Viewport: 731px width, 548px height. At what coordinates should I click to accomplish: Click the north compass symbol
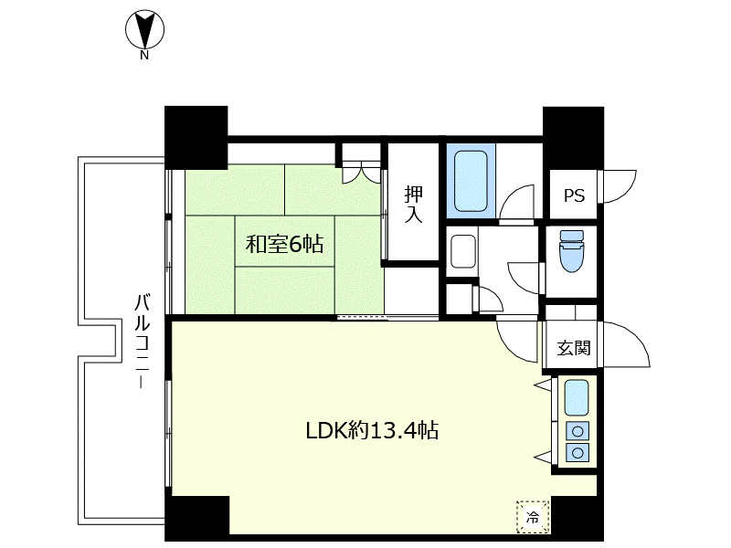(x=144, y=30)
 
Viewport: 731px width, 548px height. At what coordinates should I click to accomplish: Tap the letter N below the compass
(x=144, y=56)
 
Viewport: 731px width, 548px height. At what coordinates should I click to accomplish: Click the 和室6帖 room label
(x=284, y=244)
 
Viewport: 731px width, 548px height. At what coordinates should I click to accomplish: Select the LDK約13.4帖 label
(x=372, y=430)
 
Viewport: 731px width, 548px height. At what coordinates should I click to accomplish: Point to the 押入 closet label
(x=414, y=205)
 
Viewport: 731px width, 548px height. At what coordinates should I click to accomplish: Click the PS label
(x=574, y=195)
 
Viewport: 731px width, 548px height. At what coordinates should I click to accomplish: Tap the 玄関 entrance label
(x=574, y=348)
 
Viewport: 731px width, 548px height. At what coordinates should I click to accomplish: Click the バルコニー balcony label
(x=142, y=341)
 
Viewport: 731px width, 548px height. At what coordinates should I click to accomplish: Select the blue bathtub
(x=471, y=180)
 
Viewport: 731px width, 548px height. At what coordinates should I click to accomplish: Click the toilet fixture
(x=572, y=250)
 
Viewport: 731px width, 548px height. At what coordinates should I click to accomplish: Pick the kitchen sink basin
(x=577, y=398)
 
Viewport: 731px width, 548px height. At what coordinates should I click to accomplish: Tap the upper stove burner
(x=577, y=431)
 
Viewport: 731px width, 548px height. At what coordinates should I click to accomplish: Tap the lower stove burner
(x=577, y=452)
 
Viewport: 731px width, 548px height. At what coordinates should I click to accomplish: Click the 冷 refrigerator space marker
(x=533, y=516)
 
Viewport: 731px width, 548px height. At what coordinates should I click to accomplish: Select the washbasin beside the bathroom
(x=463, y=252)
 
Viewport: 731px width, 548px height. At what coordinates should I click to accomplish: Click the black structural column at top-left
(x=196, y=138)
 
